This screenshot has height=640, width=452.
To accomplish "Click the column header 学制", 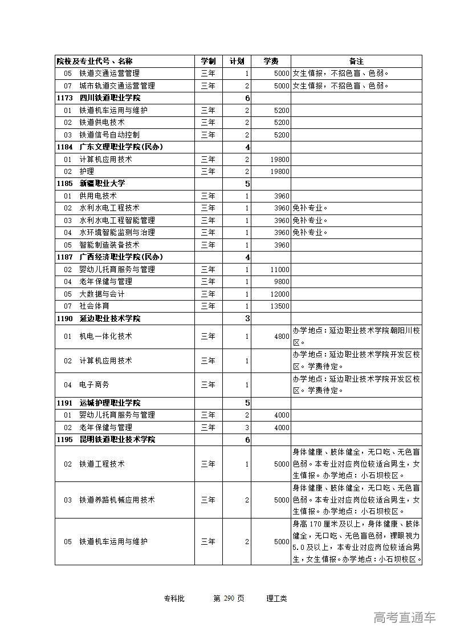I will pos(208,61).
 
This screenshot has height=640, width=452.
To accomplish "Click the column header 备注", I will pos(356,61).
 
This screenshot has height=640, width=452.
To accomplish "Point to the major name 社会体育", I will pos(94,306).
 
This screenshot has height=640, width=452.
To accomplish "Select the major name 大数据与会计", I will pos(101,294).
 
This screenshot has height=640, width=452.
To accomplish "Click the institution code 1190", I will pos(64,318).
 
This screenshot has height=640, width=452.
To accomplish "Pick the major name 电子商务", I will pos(94,385).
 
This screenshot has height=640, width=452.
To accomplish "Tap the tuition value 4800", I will pos(282,337).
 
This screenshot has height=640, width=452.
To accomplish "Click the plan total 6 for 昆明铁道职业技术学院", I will pos(247,440).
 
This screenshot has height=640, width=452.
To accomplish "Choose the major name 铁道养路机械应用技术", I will pos(117,500).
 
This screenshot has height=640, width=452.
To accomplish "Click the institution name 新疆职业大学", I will pos(102,184).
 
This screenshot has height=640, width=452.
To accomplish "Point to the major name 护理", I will pos(87,172).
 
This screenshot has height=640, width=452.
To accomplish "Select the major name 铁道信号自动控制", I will pos(109,135).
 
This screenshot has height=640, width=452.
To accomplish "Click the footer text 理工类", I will pos(276,598).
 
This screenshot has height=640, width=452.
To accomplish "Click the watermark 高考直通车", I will pos(405,617).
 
